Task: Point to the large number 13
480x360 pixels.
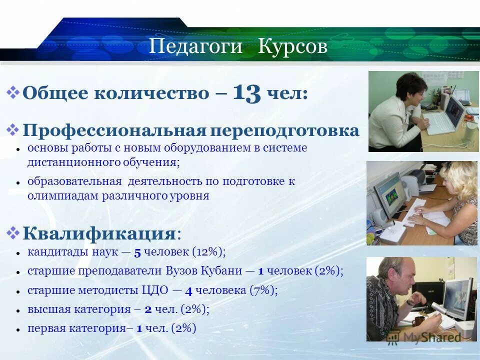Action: click(x=246, y=93)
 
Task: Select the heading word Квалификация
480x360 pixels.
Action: click(x=99, y=233)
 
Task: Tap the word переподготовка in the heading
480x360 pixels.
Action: click(x=284, y=130)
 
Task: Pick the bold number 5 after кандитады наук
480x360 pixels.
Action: click(x=137, y=252)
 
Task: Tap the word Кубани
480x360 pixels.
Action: click(x=221, y=271)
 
